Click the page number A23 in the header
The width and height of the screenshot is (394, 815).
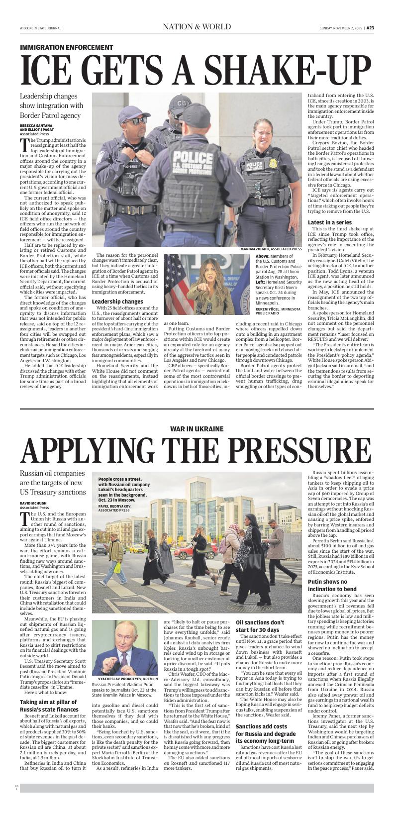(370, 28)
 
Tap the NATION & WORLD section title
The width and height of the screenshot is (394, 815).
(197, 27)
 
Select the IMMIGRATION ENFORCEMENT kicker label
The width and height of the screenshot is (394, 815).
(67, 47)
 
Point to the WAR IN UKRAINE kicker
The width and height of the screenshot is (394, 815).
(197, 428)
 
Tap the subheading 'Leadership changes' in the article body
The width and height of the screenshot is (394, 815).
(117, 302)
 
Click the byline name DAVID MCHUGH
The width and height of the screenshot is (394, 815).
(33, 504)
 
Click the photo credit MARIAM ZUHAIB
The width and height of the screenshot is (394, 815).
(255, 249)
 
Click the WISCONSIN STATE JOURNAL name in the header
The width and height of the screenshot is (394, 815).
(40, 28)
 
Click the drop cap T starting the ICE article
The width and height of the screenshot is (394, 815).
(23, 145)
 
